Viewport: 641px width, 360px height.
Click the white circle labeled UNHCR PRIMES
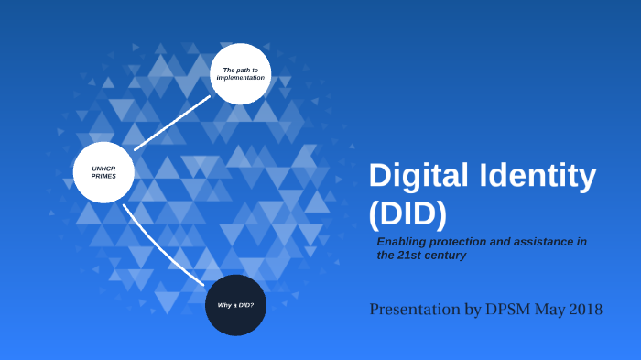[103, 172]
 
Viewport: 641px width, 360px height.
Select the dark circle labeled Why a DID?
[235, 304]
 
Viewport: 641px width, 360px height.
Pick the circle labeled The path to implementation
[240, 73]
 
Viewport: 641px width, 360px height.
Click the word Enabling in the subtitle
[403, 241]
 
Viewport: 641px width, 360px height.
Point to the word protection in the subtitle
[463, 241]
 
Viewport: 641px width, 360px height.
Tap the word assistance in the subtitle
[544, 241]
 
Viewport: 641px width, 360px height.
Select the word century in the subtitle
[446, 256]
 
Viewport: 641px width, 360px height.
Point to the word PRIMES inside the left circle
[103, 176]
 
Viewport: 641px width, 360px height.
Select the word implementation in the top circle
[240, 78]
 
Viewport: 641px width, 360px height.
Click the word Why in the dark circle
[223, 304]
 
